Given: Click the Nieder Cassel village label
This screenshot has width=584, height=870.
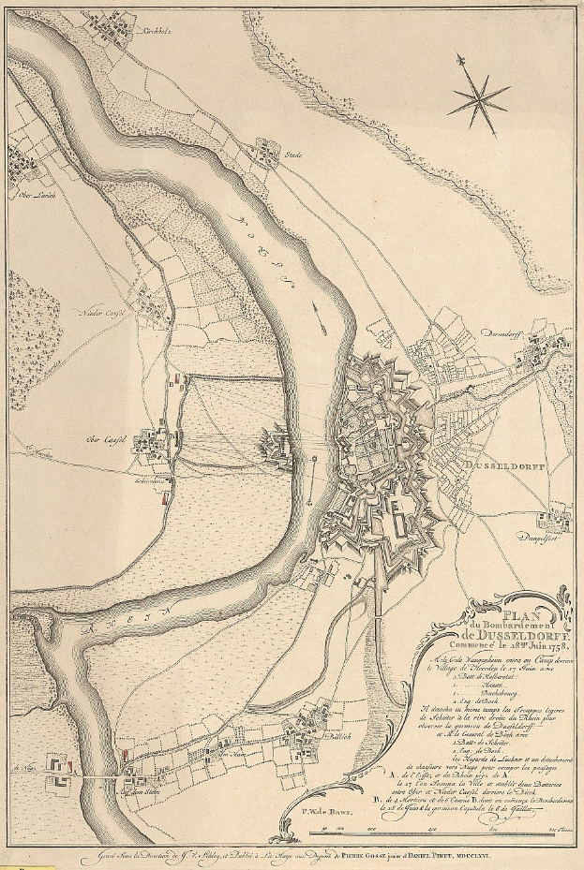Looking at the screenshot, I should [x=103, y=313].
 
